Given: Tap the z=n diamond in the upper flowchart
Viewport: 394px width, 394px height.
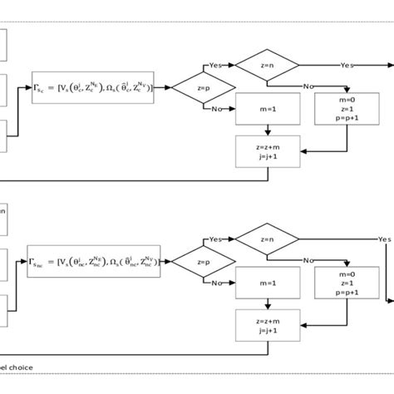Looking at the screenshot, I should [x=267, y=65].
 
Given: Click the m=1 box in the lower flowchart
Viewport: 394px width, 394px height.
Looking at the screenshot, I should [x=267, y=284].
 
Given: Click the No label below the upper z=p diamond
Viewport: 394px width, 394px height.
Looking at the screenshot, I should [x=216, y=109].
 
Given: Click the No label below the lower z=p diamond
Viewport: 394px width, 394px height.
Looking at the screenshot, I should [x=216, y=283].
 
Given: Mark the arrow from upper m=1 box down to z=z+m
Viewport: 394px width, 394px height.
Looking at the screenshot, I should [x=267, y=129].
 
